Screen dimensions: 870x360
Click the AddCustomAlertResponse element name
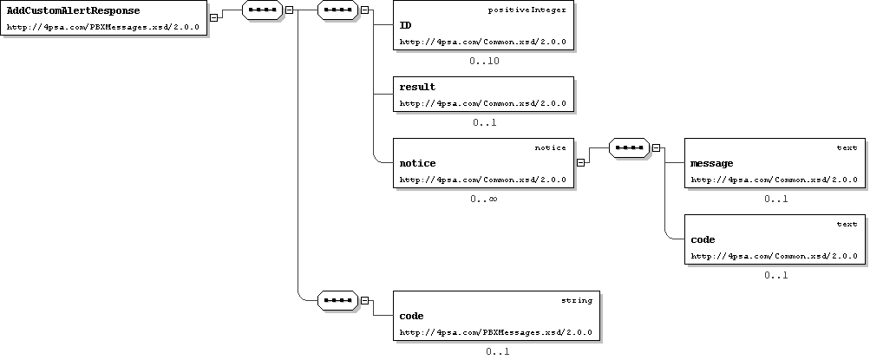73,10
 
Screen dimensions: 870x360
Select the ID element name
406,25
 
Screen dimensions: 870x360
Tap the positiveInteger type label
527,10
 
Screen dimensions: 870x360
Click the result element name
417,87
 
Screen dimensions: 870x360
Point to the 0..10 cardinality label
484,61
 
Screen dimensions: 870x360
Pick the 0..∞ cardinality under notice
483,199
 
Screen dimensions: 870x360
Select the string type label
577,301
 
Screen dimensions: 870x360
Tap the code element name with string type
412,316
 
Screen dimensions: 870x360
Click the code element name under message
703,239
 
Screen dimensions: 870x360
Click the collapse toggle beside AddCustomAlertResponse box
213,17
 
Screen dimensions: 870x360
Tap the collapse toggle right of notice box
580,162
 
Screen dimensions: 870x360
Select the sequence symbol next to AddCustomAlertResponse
263,10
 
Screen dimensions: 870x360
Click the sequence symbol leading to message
629,148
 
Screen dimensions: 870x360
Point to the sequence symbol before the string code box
338,301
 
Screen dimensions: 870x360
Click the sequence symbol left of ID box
338,10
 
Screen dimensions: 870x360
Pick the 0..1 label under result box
484,122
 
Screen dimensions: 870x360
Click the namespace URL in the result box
483,103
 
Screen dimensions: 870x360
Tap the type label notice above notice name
551,148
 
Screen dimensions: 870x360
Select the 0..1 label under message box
775,200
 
